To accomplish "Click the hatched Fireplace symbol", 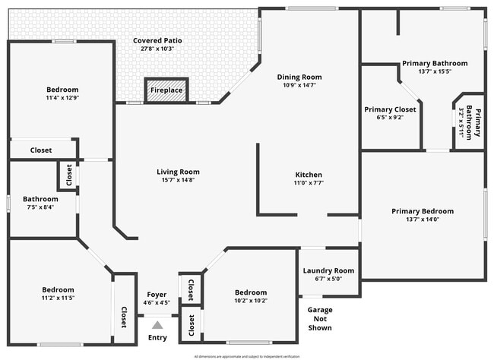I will tap(166, 89).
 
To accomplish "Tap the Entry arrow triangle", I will tap(157, 324).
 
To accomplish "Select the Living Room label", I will tap(179, 172).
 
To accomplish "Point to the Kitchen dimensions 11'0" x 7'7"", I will tap(309, 183).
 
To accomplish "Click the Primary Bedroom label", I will tap(423, 211).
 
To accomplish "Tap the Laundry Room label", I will tap(328, 270).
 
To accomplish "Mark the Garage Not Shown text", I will tap(319, 319).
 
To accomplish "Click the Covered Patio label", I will tap(157, 40).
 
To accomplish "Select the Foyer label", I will tap(157, 295).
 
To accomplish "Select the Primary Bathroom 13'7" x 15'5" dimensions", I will tap(423, 71).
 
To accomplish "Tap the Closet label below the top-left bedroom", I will tap(41, 150).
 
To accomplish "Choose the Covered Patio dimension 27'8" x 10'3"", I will tap(157, 49).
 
